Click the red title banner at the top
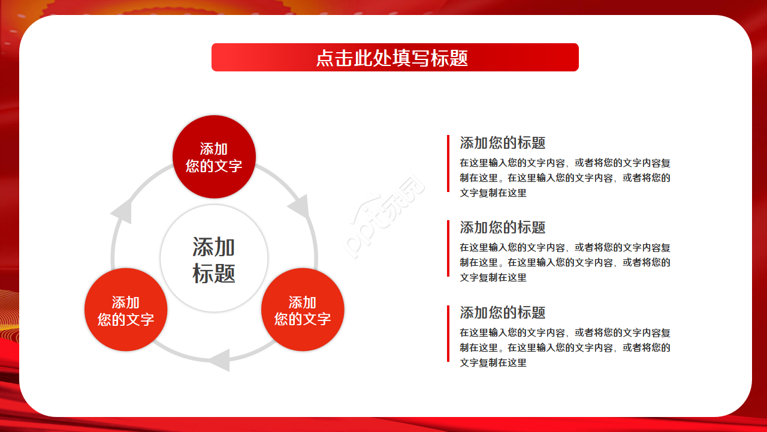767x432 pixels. pos(252,57)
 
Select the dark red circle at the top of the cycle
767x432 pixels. pos(214,157)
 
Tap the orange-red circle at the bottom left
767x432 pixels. pos(126,310)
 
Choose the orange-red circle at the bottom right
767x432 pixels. pos(303,310)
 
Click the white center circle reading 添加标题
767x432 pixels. pos(214,259)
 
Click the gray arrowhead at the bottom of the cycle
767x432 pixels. pos(219,359)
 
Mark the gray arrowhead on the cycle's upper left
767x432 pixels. pos(122,211)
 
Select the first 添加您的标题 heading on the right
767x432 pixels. pos(502,143)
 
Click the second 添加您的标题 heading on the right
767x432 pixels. pos(502,227)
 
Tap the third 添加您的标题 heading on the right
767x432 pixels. pos(502,313)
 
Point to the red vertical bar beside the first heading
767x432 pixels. pos(448,163)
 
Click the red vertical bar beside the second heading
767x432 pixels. pos(448,248)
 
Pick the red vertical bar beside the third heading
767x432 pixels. pos(448,334)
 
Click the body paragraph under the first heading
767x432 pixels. pos(564,178)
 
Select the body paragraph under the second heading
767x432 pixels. pos(564,262)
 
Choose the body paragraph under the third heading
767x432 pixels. pos(564,347)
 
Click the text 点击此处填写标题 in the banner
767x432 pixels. pos(392,58)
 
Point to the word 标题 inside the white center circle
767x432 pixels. pos(214,273)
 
